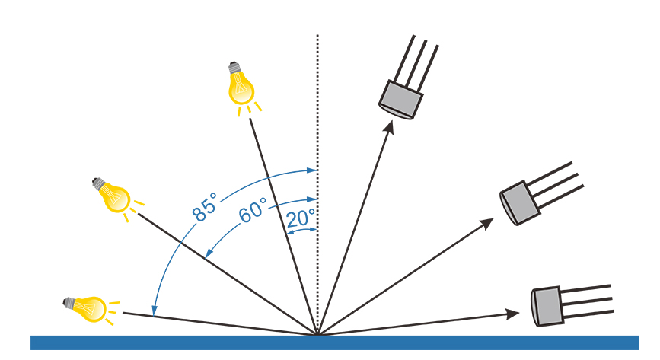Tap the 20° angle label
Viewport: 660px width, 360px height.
coord(301,218)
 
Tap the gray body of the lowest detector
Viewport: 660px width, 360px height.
coord(547,304)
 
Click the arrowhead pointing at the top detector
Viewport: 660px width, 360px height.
coord(389,126)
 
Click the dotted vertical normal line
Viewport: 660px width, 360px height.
coord(317,114)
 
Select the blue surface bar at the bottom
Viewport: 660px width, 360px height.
coord(335,342)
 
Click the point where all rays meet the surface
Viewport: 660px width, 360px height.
coord(317,334)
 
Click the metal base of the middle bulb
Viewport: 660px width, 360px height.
coord(98,183)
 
